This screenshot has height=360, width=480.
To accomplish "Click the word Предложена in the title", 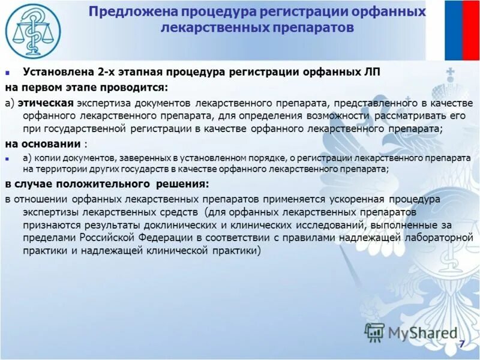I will click(x=124, y=13).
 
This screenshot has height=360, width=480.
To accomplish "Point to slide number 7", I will click(x=461, y=344).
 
